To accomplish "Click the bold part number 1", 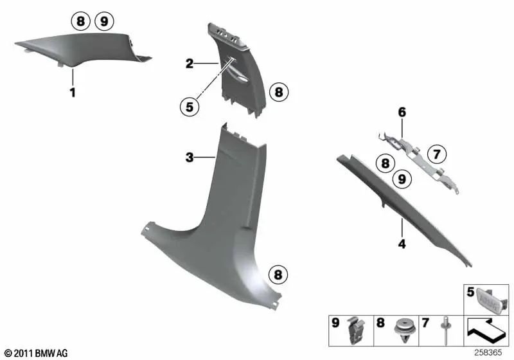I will (x=73, y=93).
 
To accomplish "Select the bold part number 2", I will (x=190, y=64).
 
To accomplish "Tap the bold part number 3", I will (x=189, y=157).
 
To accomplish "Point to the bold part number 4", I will (x=402, y=244).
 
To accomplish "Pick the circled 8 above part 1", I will (x=80, y=22).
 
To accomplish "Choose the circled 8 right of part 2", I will (x=278, y=93).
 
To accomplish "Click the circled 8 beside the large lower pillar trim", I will (x=278, y=274).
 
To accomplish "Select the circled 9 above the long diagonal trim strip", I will (x=402, y=179).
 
